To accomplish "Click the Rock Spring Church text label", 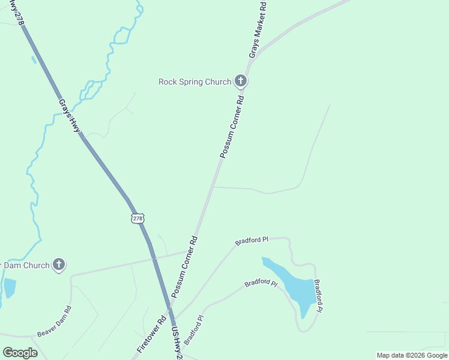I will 194,82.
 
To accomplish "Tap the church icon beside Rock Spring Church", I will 241,81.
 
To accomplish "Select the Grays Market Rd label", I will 257,29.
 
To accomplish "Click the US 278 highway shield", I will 137,218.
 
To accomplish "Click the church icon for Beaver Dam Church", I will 59,264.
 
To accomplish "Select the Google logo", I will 20,353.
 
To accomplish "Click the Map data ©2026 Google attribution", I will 412,355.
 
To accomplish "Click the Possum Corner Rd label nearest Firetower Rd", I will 184,266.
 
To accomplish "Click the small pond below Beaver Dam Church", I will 10,287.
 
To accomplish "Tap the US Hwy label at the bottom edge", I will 175,342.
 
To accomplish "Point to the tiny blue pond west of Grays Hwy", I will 34,59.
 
